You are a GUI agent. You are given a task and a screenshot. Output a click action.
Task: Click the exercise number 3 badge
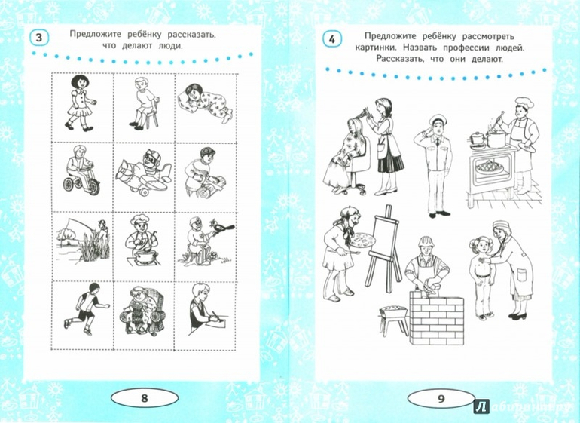[38, 38]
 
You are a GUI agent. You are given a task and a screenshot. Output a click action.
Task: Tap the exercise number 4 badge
[331, 39]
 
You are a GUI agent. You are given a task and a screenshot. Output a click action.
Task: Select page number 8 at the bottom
[145, 398]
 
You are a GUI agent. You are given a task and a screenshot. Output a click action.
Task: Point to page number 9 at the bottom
[441, 399]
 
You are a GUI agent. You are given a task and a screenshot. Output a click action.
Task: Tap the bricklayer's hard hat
[426, 242]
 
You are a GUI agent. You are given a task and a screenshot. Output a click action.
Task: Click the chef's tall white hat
[523, 102]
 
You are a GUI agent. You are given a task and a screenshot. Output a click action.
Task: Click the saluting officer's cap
[437, 120]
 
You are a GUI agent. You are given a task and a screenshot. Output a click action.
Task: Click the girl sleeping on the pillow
[205, 103]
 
